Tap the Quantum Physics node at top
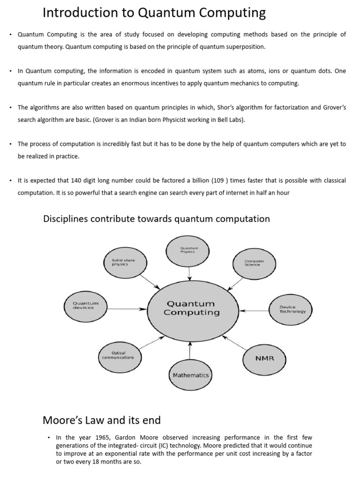pyautogui.click(x=189, y=251)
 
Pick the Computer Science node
pyautogui.click(x=255, y=263)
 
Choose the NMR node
pyautogui.click(x=264, y=358)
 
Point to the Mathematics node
pyautogui.click(x=190, y=375)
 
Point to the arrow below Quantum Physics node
pyautogui.click(x=189, y=273)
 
